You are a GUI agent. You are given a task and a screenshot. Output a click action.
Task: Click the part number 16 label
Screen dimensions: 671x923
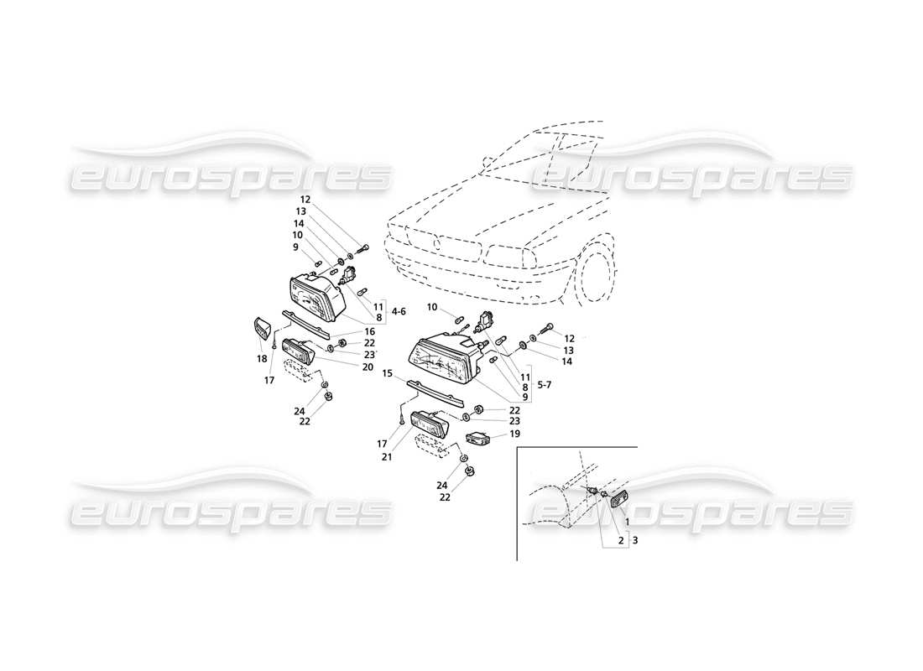pos(369,332)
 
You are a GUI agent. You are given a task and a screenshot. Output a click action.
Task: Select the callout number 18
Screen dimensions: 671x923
pos(262,358)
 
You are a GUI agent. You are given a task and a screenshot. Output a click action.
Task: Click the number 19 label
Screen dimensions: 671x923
pos(515,434)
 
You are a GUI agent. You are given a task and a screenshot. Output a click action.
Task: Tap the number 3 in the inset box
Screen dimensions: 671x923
pos(635,541)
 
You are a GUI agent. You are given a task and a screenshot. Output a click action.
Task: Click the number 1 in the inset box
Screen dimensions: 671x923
pos(626,522)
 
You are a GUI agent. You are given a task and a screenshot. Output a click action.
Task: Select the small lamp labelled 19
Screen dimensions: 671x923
pos(479,437)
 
